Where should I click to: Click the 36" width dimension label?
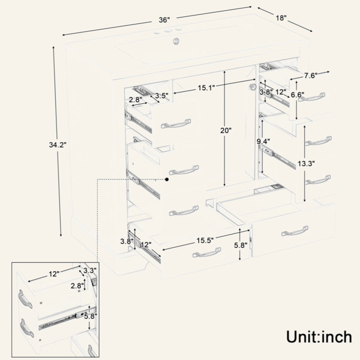164,20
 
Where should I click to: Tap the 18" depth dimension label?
281,18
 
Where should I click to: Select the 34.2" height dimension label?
58,145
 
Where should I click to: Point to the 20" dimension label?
226,131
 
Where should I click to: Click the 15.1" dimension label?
206,88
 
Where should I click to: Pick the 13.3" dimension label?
306,164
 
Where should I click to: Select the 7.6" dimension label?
311,76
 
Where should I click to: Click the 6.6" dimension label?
298,95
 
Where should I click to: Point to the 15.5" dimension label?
205,241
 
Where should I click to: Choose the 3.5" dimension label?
161,95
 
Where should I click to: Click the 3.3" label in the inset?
90,271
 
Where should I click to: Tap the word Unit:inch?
319,337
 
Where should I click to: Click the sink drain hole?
176,41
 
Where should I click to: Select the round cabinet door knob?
253,86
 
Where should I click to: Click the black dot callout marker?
167,179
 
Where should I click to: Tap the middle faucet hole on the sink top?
167,31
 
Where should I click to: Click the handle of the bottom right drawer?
295,231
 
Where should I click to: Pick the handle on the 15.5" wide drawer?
206,252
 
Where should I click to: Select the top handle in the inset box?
25,299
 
